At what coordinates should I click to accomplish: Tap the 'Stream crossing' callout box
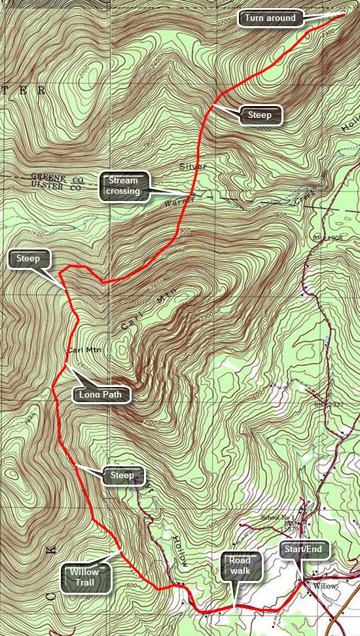pyautogui.click(x=124, y=185)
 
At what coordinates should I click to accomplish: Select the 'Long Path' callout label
pyautogui.click(x=101, y=395)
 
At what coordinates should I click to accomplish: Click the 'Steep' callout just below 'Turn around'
pyautogui.click(x=260, y=115)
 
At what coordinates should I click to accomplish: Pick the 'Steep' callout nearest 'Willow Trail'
pyautogui.click(x=122, y=475)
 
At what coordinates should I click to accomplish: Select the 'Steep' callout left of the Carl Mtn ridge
pyautogui.click(x=29, y=259)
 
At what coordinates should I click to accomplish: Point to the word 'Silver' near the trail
pyautogui.click(x=193, y=167)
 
